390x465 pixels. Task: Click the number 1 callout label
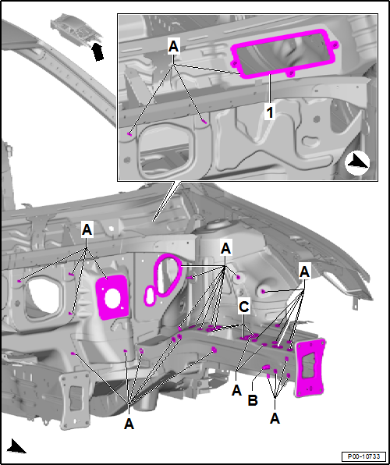pos(270,112)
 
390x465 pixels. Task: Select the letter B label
pos(253,400)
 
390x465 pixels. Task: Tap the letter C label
pos(244,307)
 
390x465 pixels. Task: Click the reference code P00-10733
pos(363,456)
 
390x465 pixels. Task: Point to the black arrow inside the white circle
pos(357,162)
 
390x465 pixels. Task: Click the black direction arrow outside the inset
pos(16,446)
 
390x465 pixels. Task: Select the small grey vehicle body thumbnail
pos(76,29)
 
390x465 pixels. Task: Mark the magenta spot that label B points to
pos(265,367)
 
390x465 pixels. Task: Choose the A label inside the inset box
pos(173,47)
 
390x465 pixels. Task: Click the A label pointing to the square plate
pos(87,230)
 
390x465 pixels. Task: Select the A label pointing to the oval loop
pos(225,249)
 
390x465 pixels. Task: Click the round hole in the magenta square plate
pos(112,298)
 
